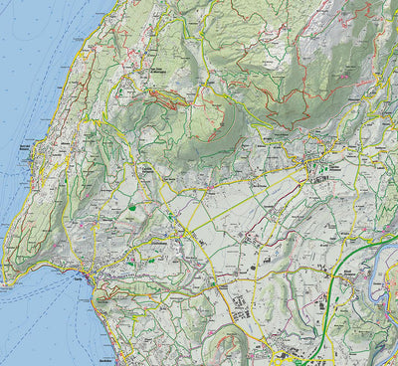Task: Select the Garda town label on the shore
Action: (77, 279)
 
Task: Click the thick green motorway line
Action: (328, 298)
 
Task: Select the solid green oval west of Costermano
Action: (130, 207)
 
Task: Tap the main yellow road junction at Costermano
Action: (185, 234)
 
